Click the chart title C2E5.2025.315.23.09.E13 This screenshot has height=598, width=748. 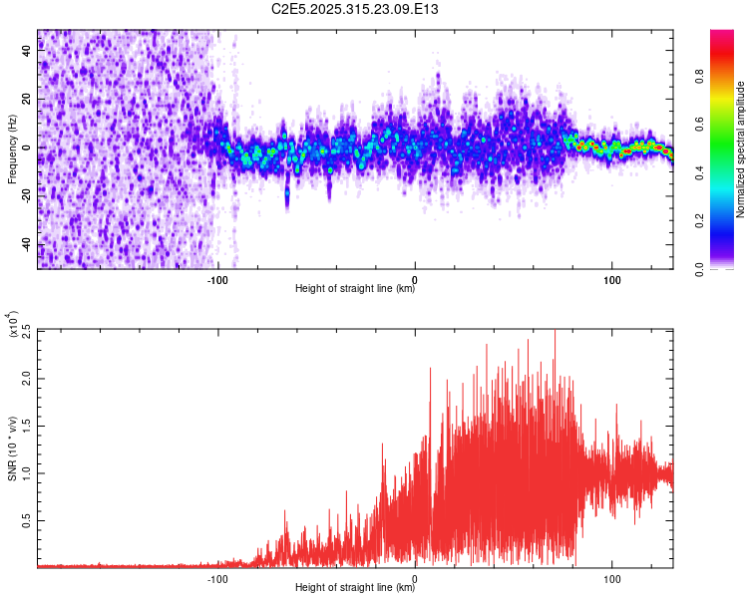(355, 9)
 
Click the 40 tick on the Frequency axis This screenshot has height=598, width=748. (27, 51)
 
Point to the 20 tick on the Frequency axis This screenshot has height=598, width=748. (27, 100)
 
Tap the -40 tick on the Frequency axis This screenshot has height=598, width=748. (25, 245)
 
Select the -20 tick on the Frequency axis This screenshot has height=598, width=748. (25, 196)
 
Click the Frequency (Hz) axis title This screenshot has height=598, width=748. (11, 149)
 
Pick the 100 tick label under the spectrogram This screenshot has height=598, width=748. (611, 279)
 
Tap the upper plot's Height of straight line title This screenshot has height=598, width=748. (355, 289)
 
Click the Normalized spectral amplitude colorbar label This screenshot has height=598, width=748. (740, 149)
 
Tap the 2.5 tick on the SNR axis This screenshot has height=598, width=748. (25, 331)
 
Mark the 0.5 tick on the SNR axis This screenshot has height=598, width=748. (25, 519)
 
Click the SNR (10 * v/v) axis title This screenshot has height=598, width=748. (11, 448)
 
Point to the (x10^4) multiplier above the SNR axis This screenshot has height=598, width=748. (15, 324)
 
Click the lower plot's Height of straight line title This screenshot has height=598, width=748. (355, 588)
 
